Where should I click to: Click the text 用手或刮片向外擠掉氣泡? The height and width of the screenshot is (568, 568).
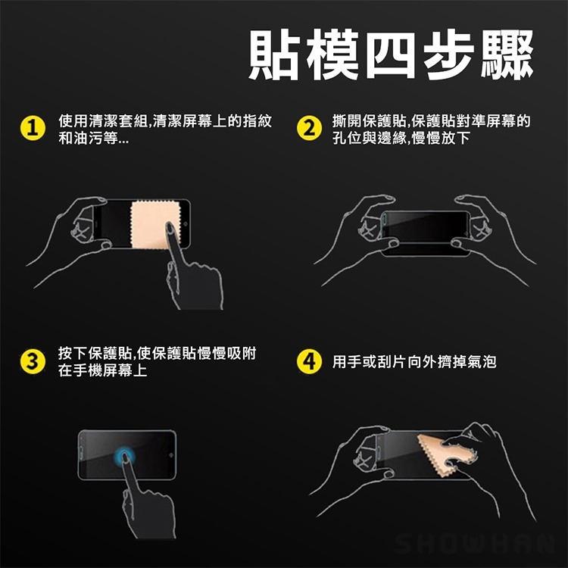coord(414,362)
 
